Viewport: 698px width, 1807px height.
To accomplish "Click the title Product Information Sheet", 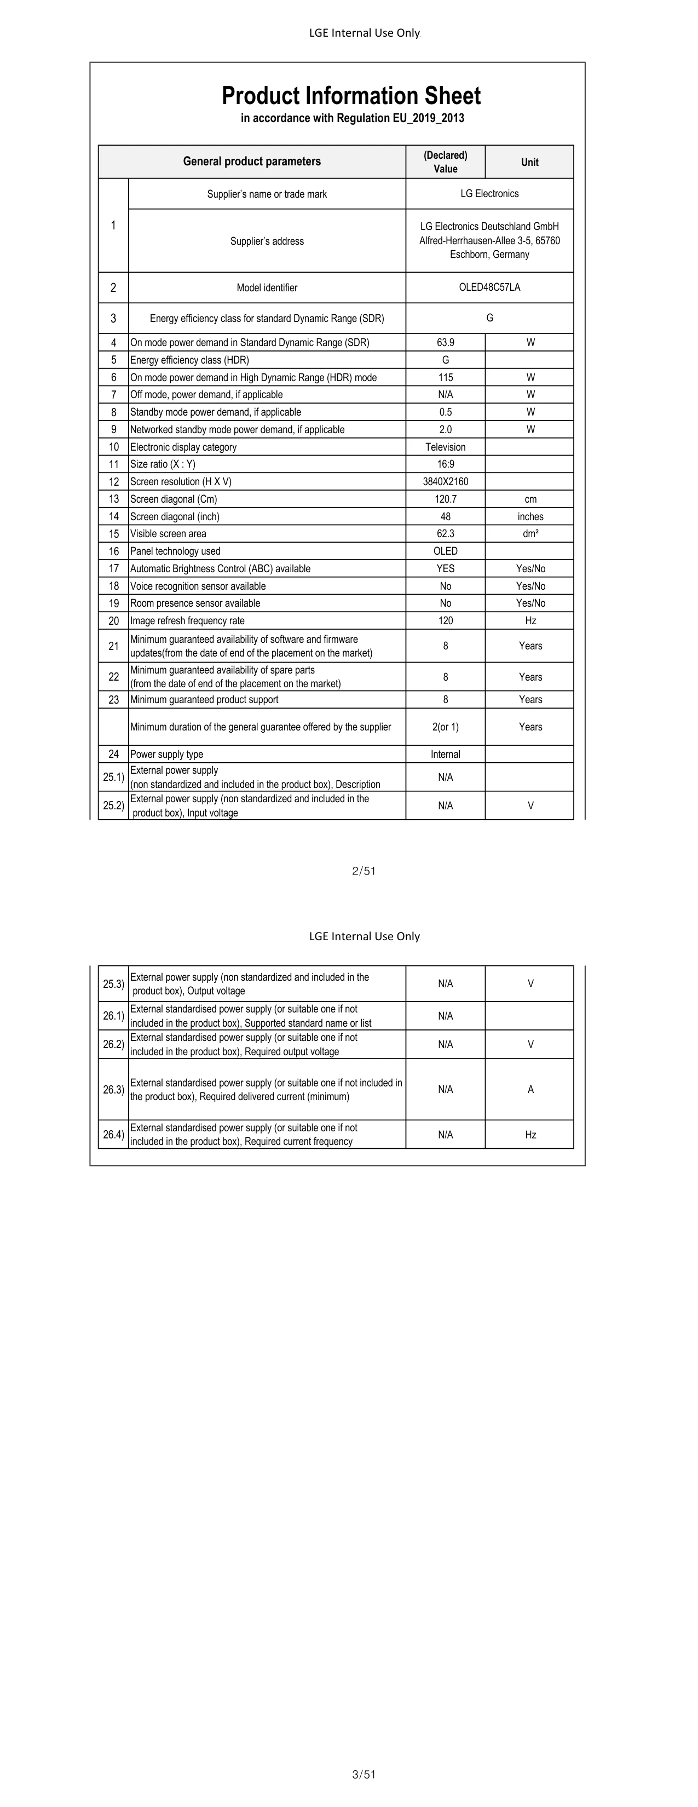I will pos(351,96).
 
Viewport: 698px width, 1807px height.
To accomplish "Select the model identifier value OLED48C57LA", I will pos(489,287).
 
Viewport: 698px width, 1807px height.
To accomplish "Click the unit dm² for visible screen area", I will pos(530,534).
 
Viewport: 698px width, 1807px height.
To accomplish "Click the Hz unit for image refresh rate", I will pos(530,621).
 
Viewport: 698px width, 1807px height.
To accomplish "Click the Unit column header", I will pos(529,162).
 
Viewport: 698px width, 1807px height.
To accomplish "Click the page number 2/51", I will pos(364,871).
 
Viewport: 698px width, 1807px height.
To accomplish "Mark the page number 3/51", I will pos(364,1775).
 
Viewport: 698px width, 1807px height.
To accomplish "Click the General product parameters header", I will pos(252,162).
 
